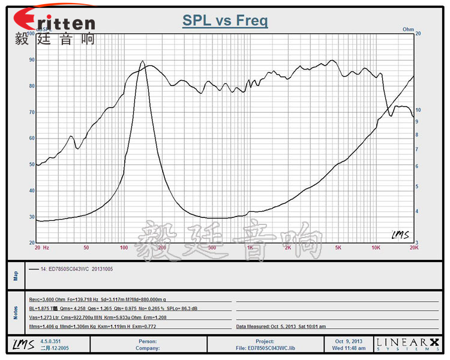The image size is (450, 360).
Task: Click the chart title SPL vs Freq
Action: coord(225,22)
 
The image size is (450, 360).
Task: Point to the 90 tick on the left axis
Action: coord(32,60)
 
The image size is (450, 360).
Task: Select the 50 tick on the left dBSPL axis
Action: coord(32,164)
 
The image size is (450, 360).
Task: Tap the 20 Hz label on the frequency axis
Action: coord(41,247)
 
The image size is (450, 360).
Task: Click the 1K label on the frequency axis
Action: coord(250,247)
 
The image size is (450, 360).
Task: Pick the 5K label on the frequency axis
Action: coord(338,247)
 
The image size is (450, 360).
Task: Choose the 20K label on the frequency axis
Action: coord(413,247)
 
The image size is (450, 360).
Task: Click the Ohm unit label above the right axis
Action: coord(409,29)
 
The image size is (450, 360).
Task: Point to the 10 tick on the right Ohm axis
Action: coord(418,110)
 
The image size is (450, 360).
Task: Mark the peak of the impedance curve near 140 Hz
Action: coord(142,61)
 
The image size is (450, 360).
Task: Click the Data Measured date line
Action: coord(281,326)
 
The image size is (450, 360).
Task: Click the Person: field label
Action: coord(147,341)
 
